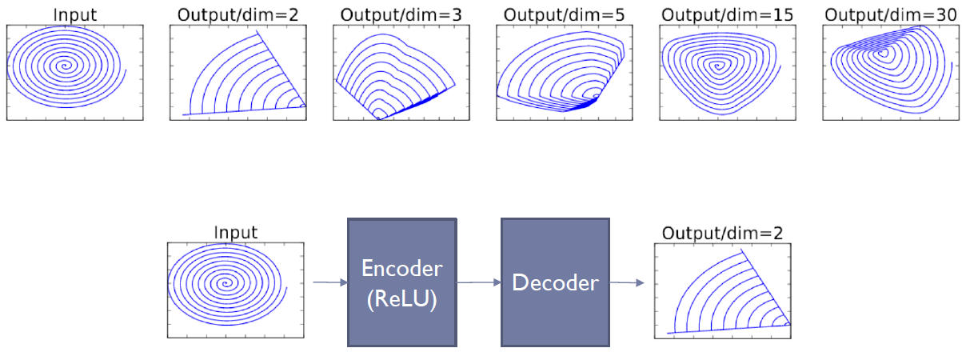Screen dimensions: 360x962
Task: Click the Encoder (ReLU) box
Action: coord(401,282)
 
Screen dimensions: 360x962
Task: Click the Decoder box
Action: coord(556,282)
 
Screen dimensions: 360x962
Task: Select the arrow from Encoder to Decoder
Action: coord(478,282)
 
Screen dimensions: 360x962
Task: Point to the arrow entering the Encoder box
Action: coord(329,282)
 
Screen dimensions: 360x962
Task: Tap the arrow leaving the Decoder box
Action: coord(627,282)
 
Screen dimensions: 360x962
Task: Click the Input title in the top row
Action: coord(75,14)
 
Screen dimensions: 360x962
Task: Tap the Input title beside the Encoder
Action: coord(236,233)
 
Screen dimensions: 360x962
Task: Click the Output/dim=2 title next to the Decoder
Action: coord(723,233)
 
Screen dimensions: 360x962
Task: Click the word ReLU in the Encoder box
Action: coord(401,302)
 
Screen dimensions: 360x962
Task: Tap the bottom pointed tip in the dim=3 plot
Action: coord(379,118)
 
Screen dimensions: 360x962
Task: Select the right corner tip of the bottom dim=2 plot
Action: coord(789,324)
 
